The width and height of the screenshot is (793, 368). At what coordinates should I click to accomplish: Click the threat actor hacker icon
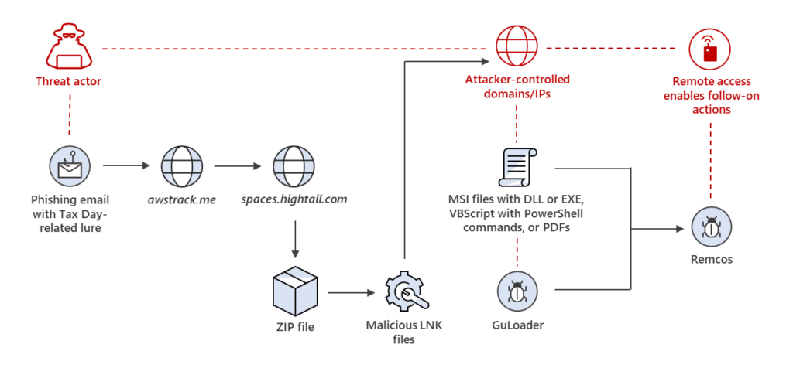[67, 48]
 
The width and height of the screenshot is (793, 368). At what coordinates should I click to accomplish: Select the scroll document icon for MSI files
[517, 165]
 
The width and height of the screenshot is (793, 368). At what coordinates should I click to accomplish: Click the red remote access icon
[710, 48]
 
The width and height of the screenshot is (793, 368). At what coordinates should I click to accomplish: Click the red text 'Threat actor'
[67, 80]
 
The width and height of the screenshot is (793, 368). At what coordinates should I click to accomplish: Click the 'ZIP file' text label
[294, 325]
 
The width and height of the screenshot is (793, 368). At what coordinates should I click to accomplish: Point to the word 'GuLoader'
[517, 325]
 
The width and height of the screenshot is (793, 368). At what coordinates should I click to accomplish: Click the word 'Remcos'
[710, 261]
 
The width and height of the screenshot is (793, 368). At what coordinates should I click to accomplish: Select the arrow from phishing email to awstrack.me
[123, 165]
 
